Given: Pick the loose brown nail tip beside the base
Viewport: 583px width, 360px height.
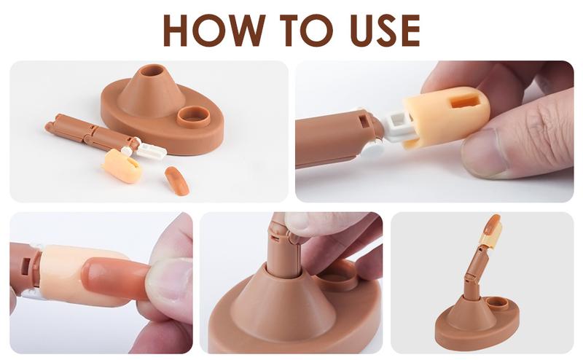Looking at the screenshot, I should coord(176,181).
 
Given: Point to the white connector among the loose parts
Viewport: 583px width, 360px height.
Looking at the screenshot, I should coord(149,150).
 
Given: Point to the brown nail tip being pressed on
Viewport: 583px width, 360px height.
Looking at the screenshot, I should coord(109,275).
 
